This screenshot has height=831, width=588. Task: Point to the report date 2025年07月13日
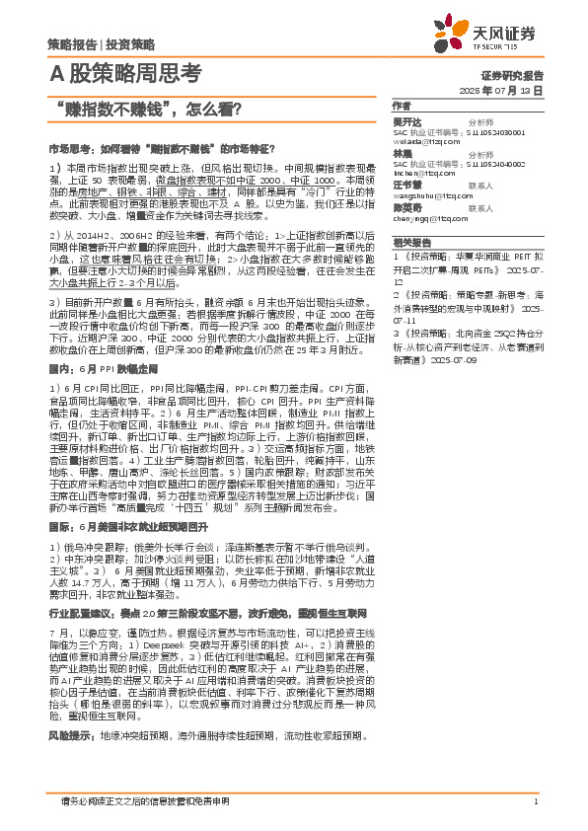[x=501, y=90]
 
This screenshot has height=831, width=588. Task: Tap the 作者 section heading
[x=401, y=105]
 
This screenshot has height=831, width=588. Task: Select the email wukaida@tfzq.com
[x=424, y=141]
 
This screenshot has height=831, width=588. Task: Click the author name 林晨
[x=402, y=154]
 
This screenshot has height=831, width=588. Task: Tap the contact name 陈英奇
[x=406, y=208]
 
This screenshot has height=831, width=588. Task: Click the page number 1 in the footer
[x=535, y=800]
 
